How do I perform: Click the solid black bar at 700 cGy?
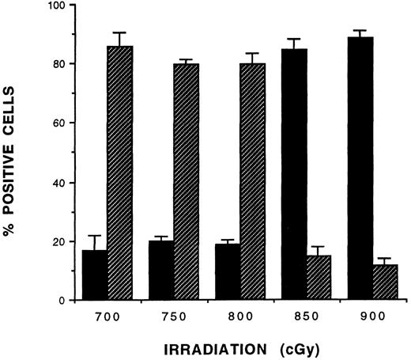click(94, 275)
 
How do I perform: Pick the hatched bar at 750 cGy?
click(187, 182)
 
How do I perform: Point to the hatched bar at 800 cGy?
click(253, 182)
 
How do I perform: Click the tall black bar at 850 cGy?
click(294, 175)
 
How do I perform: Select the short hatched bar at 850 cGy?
click(319, 278)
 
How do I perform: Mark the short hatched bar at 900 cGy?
click(385, 282)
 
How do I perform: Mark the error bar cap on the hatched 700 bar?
click(120, 32)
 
